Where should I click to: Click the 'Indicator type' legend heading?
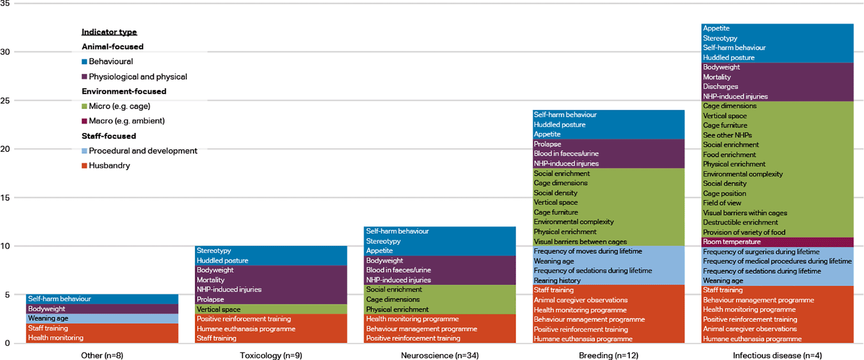point(109,32)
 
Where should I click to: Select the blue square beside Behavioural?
point(84,61)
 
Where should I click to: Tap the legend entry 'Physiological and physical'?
point(138,77)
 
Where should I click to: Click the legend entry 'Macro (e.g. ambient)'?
point(126,121)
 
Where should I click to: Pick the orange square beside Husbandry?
point(84,166)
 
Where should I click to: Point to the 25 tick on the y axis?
point(5,101)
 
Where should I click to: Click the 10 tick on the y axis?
point(5,246)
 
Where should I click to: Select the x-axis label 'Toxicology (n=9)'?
point(271,355)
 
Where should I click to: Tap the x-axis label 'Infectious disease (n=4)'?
point(777,355)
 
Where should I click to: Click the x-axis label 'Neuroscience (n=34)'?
point(440,355)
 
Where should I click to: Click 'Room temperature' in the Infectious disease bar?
point(732,242)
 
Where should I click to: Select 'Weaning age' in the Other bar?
point(48,318)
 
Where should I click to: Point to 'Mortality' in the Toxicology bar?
point(210,280)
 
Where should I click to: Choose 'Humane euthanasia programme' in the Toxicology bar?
point(246,329)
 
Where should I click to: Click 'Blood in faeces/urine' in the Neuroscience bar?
point(398,270)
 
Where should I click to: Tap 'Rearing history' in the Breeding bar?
point(557,280)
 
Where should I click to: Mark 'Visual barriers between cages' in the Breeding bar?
point(580,242)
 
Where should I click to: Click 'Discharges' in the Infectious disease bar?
point(720,86)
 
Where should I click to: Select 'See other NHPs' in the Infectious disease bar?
point(727,135)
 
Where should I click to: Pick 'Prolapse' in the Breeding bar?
point(548,144)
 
